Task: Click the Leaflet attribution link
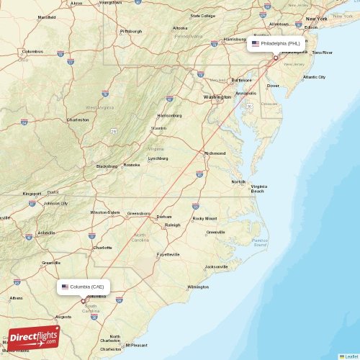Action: point(351,356)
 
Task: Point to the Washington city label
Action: point(217,96)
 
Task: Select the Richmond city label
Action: point(215,153)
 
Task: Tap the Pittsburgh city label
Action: point(131,31)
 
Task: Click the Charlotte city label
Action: point(103,247)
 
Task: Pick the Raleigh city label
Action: point(172,225)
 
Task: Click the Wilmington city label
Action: point(197,287)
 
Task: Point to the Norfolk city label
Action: point(238,181)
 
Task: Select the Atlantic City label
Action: point(314,77)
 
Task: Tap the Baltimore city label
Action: point(242,80)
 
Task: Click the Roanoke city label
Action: point(132,165)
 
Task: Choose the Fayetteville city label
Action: point(168,254)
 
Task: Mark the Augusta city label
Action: point(64,316)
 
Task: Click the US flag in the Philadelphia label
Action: point(256,43)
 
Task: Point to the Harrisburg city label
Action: point(235,39)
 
